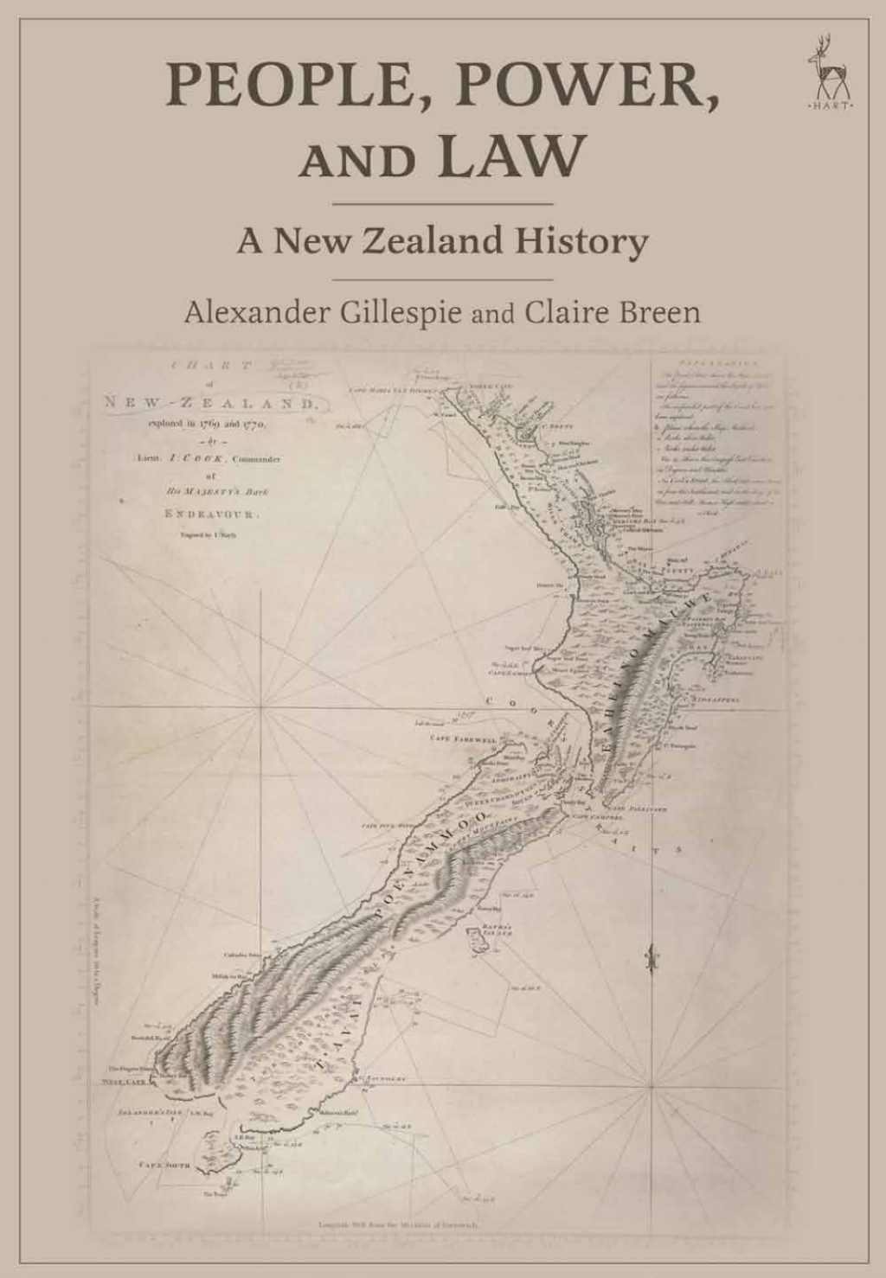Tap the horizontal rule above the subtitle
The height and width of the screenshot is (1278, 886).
442,204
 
